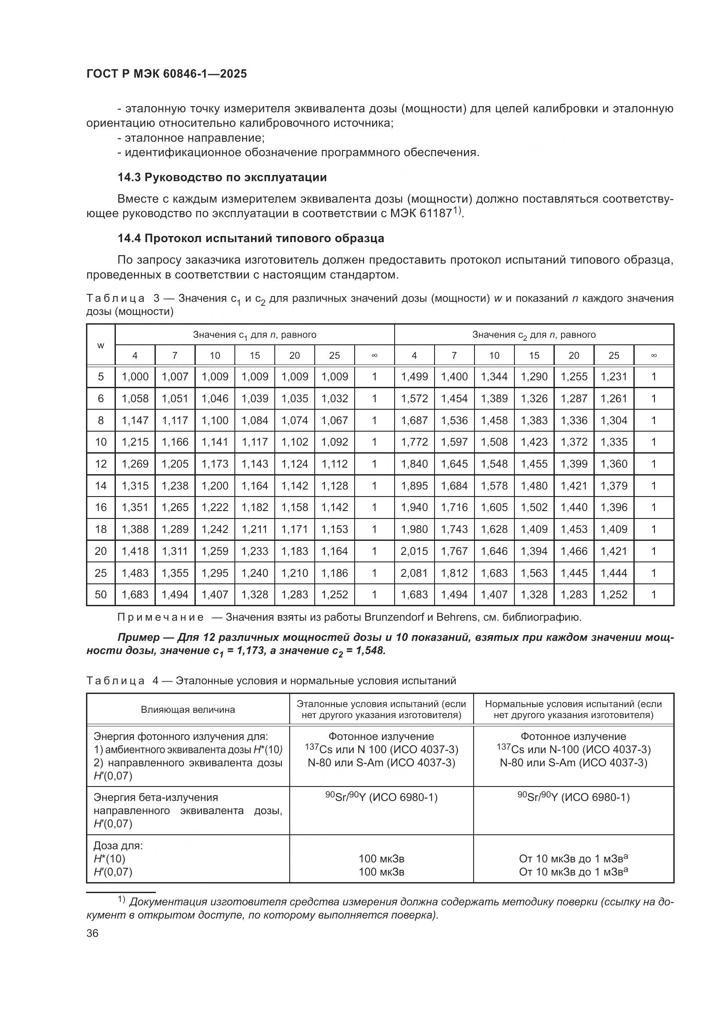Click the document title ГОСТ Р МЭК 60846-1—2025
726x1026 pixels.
coord(166,74)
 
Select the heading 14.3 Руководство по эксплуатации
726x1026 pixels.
coord(222,177)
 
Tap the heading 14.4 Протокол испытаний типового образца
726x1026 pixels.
coord(250,238)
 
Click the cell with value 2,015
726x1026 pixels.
coord(414,551)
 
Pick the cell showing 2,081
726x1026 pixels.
coord(414,573)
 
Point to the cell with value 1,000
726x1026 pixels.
coord(135,377)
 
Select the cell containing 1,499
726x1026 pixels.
coord(414,377)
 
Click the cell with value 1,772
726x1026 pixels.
coord(414,442)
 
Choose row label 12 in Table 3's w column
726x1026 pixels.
coord(101,464)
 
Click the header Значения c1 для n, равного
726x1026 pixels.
coord(255,335)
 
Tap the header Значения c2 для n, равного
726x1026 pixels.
coord(534,335)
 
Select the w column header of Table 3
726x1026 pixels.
coord(101,345)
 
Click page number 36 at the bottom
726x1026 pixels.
coord(93,933)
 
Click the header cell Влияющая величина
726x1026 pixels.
coord(188,710)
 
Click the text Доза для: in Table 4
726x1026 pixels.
coord(118,846)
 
